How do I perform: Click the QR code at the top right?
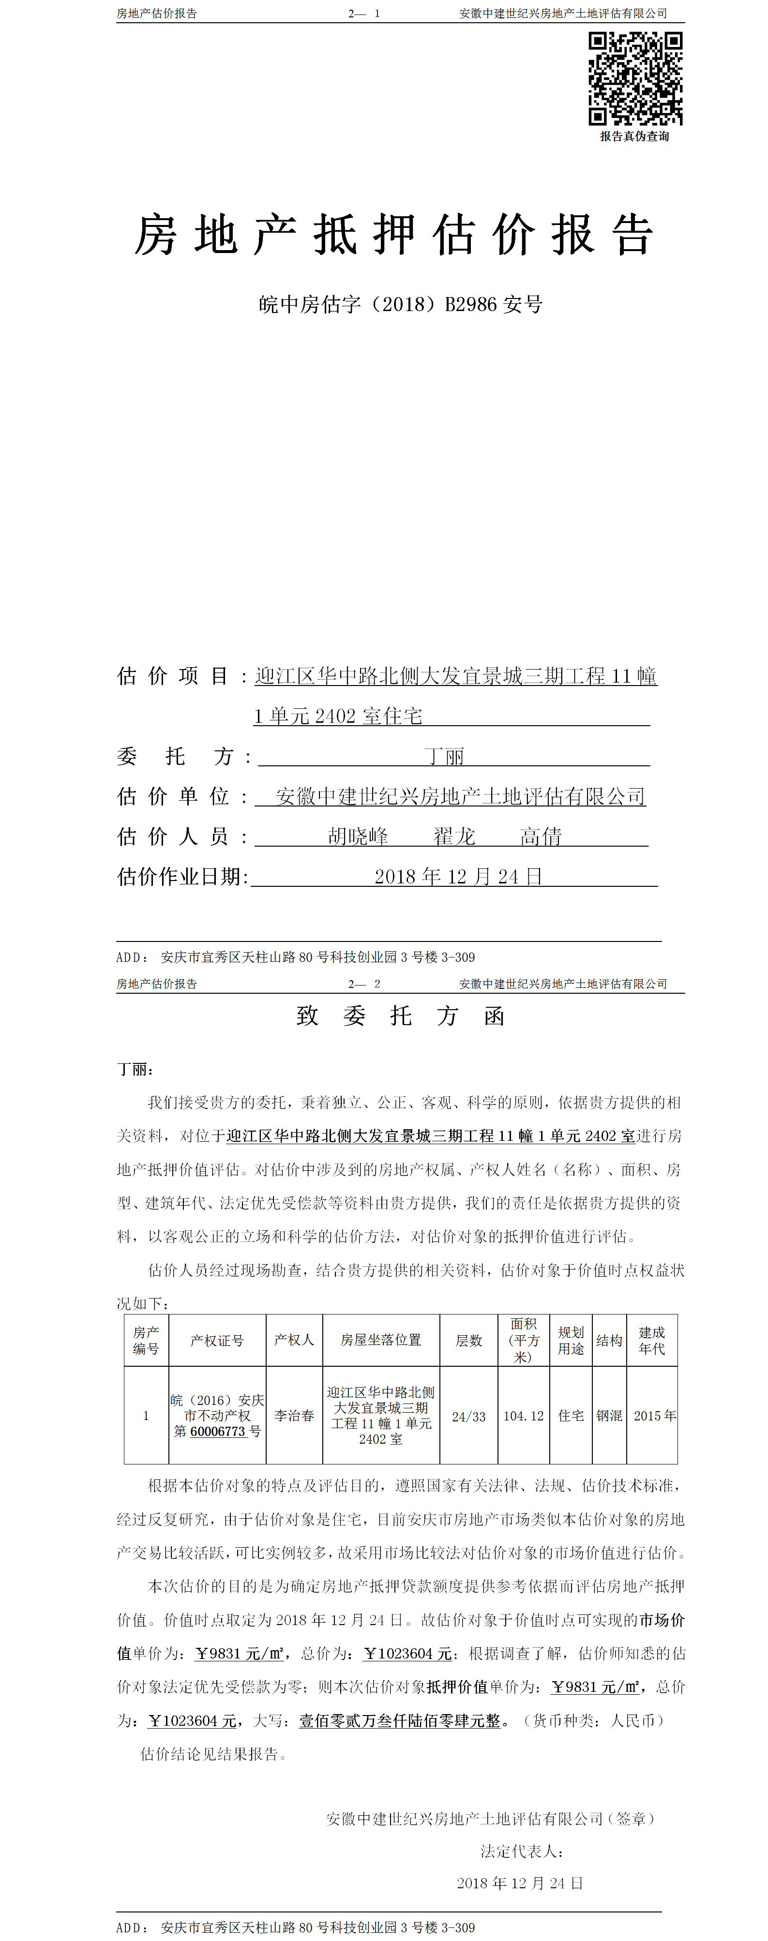click(x=635, y=78)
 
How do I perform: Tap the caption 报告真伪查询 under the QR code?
click(x=634, y=136)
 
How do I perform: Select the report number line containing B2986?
click(x=400, y=304)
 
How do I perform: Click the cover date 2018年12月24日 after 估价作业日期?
click(x=458, y=876)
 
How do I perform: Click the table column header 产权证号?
click(x=217, y=1341)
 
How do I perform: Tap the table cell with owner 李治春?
click(x=294, y=1416)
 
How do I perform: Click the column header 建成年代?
click(x=652, y=1341)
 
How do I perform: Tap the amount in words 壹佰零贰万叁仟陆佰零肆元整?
click(x=399, y=1720)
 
